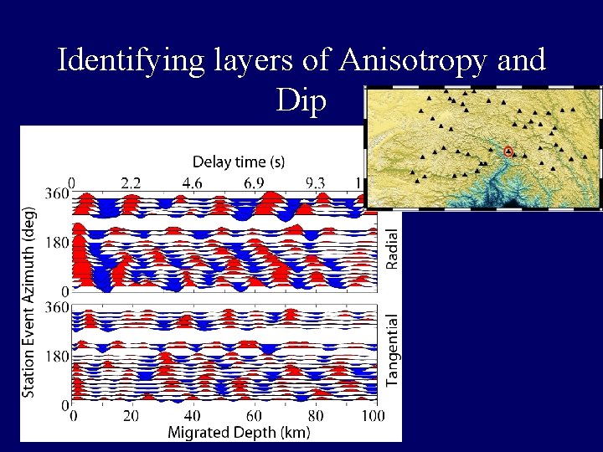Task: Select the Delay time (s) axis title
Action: tap(240, 161)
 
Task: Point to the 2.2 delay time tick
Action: tap(131, 182)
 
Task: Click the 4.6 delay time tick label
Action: tap(193, 182)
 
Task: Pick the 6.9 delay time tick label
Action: tap(255, 182)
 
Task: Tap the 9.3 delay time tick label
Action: tap(316, 182)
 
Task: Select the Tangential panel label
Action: tap(392, 350)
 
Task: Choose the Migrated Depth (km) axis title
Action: tap(239, 433)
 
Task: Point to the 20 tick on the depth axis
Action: tap(131, 416)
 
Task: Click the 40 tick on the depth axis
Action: tap(192, 416)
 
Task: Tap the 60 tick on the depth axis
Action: tap(253, 416)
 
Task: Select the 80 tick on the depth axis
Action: tap(314, 416)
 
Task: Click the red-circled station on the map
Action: tap(508, 152)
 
